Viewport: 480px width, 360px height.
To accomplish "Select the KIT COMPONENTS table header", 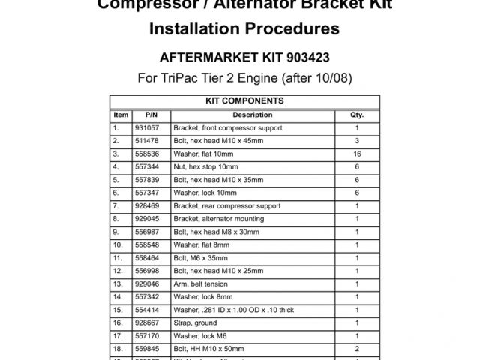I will [244, 100].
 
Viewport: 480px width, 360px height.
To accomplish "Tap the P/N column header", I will [151, 115].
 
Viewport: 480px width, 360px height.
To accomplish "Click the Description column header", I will [253, 115].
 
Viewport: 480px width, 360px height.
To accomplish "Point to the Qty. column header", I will [357, 115].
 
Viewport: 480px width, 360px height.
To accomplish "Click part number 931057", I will [148, 128].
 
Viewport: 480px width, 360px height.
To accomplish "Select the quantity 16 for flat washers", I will [357, 154].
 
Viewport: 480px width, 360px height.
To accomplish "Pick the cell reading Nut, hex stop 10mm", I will [205, 166].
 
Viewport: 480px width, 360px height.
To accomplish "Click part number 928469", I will [148, 205].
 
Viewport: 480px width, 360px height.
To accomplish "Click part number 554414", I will [148, 310].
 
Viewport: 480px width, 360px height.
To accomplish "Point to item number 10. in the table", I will [118, 245].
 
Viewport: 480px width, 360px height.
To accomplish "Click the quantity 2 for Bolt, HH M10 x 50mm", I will [357, 349].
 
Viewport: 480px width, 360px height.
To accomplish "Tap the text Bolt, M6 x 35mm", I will [200, 258].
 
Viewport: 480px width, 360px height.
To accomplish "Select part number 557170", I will [148, 336].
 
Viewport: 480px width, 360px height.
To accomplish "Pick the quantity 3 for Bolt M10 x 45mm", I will [357, 141].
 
